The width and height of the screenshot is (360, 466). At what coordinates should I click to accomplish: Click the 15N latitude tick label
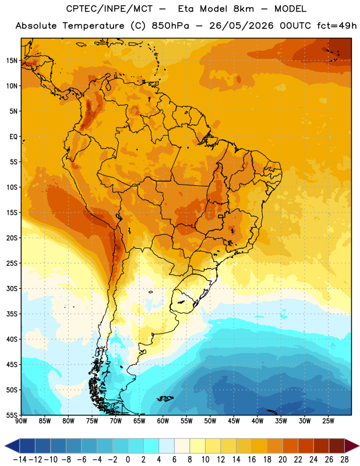[x=12, y=61]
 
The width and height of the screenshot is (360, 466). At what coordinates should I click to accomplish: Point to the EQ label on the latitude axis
[x=13, y=137]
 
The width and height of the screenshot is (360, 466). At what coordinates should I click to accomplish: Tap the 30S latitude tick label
[x=12, y=288]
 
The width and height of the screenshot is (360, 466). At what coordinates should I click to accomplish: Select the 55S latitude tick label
[x=12, y=415]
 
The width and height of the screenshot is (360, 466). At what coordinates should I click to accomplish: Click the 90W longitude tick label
[x=21, y=421]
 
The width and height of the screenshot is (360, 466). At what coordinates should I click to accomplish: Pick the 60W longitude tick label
[x=163, y=421]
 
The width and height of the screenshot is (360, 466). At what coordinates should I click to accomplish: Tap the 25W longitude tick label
[x=328, y=421]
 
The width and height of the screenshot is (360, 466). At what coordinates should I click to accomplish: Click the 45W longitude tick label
[x=234, y=421]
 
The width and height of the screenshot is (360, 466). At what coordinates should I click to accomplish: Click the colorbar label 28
[x=344, y=460]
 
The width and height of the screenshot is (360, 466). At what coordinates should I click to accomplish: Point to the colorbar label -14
[x=20, y=460]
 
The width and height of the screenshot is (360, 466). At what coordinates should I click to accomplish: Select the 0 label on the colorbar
[x=128, y=460]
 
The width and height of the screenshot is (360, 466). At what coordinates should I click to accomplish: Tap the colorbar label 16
[x=252, y=460]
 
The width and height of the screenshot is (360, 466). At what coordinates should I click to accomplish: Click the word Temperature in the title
[x=93, y=26]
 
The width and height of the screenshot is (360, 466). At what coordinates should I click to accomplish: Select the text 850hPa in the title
[x=170, y=26]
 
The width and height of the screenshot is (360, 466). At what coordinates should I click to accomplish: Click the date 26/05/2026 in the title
[x=241, y=26]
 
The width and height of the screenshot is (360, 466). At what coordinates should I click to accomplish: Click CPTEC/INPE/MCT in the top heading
[x=109, y=9]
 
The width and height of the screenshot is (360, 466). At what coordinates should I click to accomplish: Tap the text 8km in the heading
[x=243, y=9]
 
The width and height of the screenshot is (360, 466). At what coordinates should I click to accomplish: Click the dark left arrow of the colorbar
[x=12, y=446]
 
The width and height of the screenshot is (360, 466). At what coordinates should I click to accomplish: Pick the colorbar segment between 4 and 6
[x=167, y=446]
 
